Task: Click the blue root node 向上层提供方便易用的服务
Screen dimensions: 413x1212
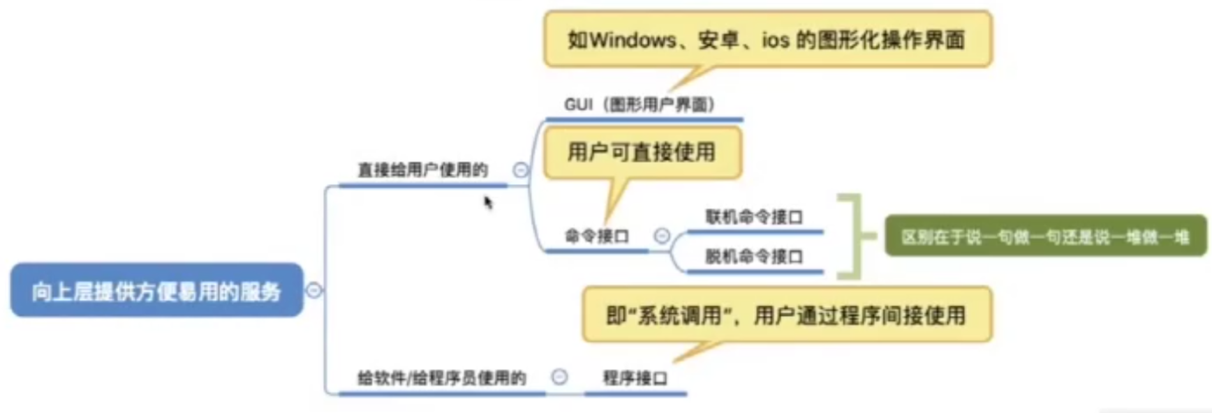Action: [x=156, y=290]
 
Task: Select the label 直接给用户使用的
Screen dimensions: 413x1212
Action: [x=422, y=170]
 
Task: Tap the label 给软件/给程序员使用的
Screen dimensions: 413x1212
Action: [x=441, y=378]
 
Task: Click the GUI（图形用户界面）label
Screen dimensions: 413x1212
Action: [x=639, y=105]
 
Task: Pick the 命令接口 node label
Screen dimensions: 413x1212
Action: [x=596, y=236]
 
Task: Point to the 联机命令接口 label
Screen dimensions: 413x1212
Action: [x=753, y=217]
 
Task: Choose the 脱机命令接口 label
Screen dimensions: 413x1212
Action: [x=753, y=257]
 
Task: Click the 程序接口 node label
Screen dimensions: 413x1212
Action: [x=635, y=378]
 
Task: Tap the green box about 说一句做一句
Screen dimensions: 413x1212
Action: [x=1044, y=237]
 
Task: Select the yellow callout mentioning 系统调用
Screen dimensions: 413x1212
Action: [x=786, y=315]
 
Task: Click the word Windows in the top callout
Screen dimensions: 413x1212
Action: [x=633, y=40]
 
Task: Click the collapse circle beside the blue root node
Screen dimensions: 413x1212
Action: [x=314, y=290]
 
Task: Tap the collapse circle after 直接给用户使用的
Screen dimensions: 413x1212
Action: [x=521, y=170]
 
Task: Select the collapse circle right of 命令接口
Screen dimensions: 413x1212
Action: [x=662, y=236]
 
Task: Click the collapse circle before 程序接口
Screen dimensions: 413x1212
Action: [x=559, y=377]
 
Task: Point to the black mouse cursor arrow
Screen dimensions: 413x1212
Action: [x=488, y=202]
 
